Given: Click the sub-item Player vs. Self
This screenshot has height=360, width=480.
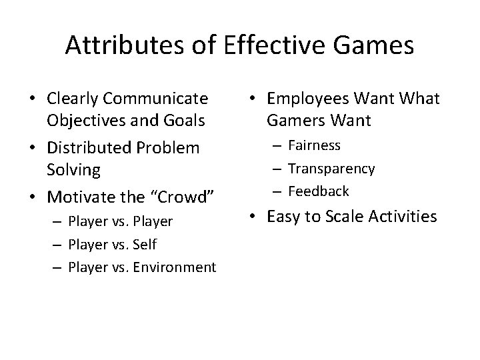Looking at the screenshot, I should (x=112, y=245).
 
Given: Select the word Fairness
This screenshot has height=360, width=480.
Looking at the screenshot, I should (x=314, y=145).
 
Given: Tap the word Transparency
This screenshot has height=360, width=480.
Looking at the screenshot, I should (x=331, y=169).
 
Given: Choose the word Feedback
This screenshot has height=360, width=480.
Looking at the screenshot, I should (x=318, y=191).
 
